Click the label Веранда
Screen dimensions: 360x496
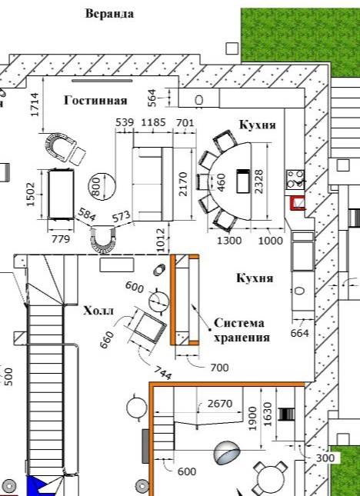(x=109, y=14)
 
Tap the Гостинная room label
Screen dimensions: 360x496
(x=95, y=100)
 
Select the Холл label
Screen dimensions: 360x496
(x=98, y=311)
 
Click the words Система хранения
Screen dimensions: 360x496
(x=242, y=330)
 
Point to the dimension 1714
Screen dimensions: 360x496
(x=35, y=105)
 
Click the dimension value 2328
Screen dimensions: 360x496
(x=258, y=182)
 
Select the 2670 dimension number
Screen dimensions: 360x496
(x=220, y=404)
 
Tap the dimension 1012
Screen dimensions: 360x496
(x=161, y=240)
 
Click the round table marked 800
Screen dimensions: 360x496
(x=102, y=186)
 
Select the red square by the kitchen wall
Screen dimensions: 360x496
(x=298, y=203)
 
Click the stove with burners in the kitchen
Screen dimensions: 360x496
(x=295, y=179)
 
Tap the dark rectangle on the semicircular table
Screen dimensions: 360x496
(x=243, y=181)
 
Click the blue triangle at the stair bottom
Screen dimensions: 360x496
(x=35, y=486)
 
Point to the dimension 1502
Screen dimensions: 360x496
(x=31, y=195)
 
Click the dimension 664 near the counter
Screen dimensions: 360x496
(x=299, y=333)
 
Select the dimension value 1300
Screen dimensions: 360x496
(x=229, y=241)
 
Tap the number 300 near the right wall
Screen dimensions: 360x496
(x=325, y=458)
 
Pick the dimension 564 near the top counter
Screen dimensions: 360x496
(x=152, y=98)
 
